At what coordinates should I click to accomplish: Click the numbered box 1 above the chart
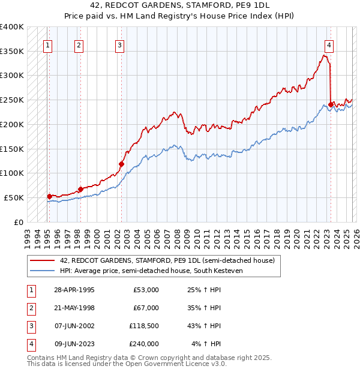click(x=47, y=44)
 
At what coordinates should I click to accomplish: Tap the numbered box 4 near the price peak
click(x=329, y=44)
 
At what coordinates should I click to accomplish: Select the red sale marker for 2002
click(x=121, y=163)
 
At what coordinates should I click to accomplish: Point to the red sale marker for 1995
click(x=49, y=196)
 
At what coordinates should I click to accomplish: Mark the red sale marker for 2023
click(x=331, y=104)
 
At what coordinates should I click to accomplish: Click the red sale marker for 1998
click(x=80, y=189)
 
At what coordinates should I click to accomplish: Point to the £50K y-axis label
click(x=14, y=197)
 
